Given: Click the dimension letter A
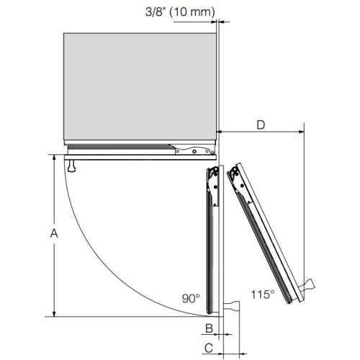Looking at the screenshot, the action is (x=54, y=233).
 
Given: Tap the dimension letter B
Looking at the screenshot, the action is (x=210, y=328).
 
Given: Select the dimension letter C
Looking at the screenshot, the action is (x=209, y=348).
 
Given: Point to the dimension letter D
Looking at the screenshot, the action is (x=261, y=125).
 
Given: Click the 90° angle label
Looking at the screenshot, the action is (x=191, y=298).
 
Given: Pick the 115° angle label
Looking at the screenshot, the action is (x=263, y=294).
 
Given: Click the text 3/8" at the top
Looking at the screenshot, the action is (x=156, y=12).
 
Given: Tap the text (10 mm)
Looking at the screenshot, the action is (x=192, y=12).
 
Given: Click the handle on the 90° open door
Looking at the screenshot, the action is (x=231, y=307).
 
